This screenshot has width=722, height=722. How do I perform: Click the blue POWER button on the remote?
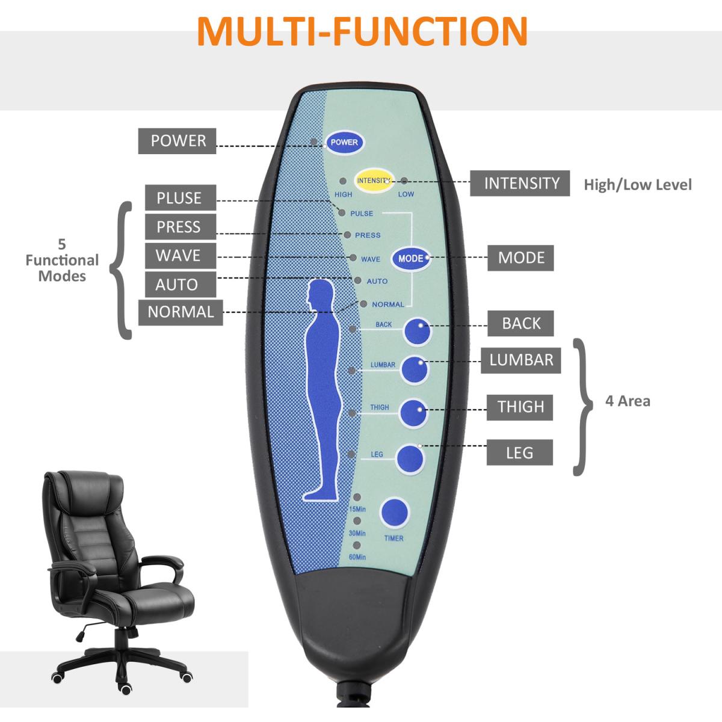[x=344, y=142]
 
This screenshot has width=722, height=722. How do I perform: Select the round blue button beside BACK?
[x=418, y=332]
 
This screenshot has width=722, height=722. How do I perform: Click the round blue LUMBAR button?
[x=415, y=369]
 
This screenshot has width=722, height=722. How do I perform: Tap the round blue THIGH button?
[x=414, y=413]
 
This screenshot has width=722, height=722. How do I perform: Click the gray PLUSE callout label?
[x=180, y=198]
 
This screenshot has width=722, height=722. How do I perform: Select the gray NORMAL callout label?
[x=180, y=312]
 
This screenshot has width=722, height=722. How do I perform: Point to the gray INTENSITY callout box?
[x=520, y=183]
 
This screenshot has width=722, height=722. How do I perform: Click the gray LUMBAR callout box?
[x=520, y=360]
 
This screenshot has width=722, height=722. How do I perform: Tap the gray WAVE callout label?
[x=180, y=256]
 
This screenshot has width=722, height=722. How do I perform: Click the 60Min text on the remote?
[x=357, y=557]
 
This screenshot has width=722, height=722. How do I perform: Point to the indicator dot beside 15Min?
[x=357, y=498]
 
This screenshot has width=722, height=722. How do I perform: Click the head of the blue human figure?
[x=319, y=293]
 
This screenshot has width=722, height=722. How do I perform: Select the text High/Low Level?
[x=638, y=185]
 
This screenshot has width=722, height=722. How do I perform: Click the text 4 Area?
[x=628, y=401]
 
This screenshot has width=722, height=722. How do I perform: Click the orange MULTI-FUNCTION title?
[x=362, y=31]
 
